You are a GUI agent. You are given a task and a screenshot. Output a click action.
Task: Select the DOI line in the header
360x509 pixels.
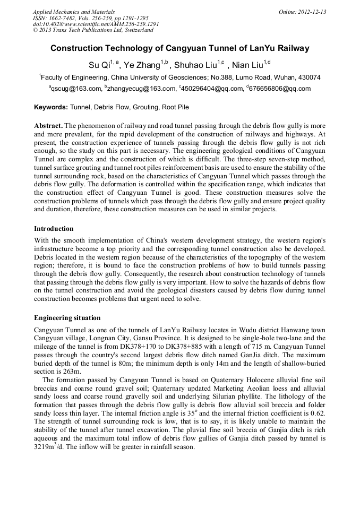tap(96, 24)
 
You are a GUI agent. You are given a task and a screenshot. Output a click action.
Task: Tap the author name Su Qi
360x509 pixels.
tap(99, 65)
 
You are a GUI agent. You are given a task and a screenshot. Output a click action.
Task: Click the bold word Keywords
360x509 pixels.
tap(51, 107)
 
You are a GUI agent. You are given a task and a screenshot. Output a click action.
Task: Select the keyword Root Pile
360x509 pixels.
tap(175, 107)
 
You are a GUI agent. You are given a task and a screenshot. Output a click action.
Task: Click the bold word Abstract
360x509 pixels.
tap(48, 125)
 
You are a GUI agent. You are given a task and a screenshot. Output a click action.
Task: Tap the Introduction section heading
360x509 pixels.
tap(54, 229)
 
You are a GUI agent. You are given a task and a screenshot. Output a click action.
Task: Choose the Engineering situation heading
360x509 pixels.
tap(67, 318)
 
